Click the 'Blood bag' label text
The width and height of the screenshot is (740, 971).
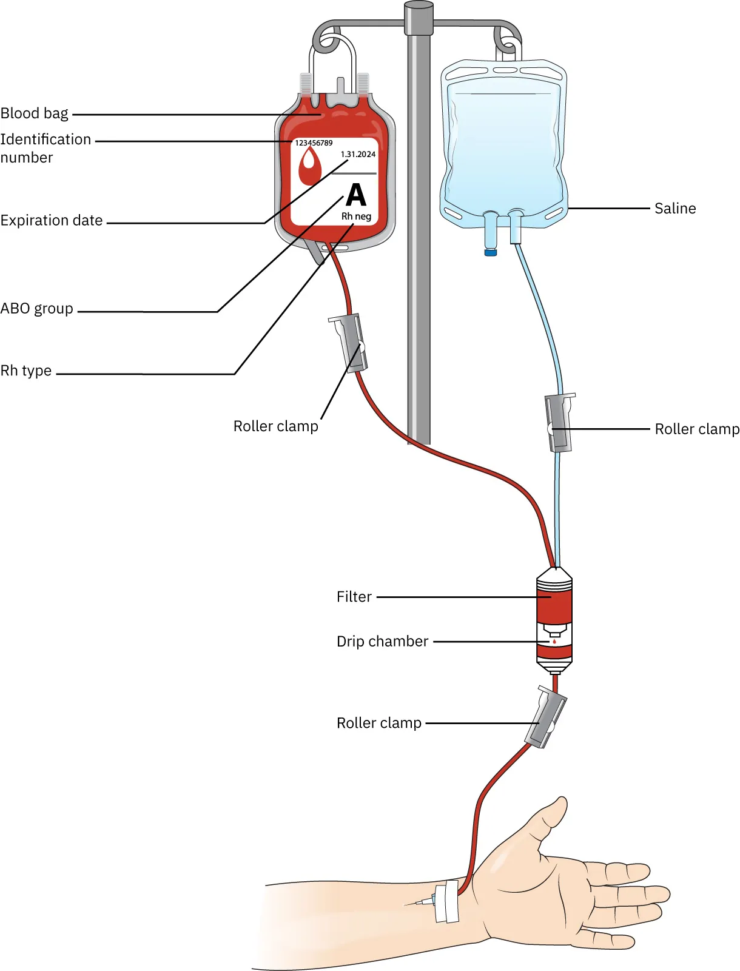pyautogui.click(x=35, y=113)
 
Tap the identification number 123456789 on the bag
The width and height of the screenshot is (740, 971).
pyautogui.click(x=314, y=143)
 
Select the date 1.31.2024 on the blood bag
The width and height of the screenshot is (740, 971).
pyautogui.click(x=358, y=154)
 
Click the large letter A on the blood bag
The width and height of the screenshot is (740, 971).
pyautogui.click(x=356, y=195)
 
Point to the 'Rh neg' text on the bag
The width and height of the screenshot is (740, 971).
pyautogui.click(x=356, y=217)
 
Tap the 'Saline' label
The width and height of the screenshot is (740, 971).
pyautogui.click(x=675, y=209)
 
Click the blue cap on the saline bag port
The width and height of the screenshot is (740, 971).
pyautogui.click(x=491, y=252)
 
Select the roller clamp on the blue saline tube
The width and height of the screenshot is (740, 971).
pyautogui.click(x=559, y=423)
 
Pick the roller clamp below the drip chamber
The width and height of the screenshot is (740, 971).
pyautogui.click(x=545, y=717)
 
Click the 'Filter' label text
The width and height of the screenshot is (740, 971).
pyautogui.click(x=354, y=597)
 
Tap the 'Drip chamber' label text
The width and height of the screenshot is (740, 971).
pyautogui.click(x=383, y=642)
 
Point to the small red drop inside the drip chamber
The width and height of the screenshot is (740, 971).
pyautogui.click(x=554, y=641)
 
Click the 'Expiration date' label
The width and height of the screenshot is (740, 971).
pyautogui.click(x=52, y=221)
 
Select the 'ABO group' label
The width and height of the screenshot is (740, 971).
pyautogui.click(x=37, y=309)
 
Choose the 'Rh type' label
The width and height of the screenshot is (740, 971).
pyautogui.click(x=26, y=371)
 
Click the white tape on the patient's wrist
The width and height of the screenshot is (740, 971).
pyautogui.click(x=448, y=902)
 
